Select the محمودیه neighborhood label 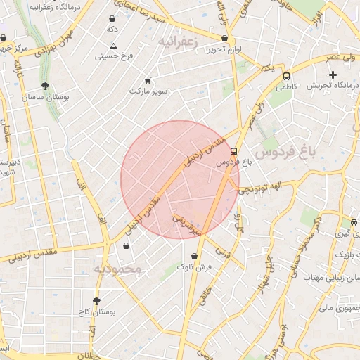pos(118,269)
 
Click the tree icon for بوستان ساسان pos(46,86)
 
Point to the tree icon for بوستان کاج pos(96,301)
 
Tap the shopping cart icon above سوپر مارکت pos(148,81)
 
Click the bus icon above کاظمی pos(286,76)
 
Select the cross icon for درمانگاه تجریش pos(333,75)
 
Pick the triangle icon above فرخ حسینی pos(113,45)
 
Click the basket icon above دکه pos(112,19)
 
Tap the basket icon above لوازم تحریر pos(224,39)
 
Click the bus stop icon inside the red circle pos(234,150)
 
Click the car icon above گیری pos(354,222)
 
